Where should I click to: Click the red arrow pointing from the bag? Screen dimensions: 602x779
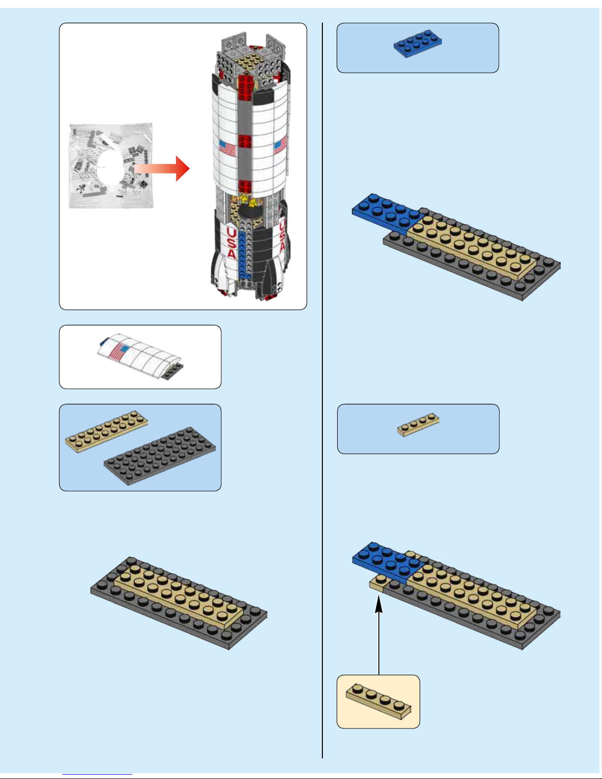point(162,168)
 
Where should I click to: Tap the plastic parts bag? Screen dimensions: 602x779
point(111,166)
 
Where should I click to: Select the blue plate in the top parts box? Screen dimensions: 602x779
point(417,43)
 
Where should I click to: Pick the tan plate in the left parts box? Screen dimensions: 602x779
point(107,432)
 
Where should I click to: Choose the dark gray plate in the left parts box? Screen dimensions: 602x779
point(160,456)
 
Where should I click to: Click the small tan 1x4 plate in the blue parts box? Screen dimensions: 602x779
point(418,425)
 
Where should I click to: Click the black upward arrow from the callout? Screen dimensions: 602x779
point(379,635)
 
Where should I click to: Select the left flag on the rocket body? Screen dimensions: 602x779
point(228,148)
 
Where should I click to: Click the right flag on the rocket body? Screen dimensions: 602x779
point(280,145)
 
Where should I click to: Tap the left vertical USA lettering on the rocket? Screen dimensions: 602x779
point(231,243)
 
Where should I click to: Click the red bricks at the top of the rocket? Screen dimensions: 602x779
point(245,88)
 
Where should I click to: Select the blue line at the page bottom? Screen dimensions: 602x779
point(97,775)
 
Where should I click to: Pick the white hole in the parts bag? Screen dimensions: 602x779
point(111,168)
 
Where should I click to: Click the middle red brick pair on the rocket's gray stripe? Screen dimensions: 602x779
point(245,141)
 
